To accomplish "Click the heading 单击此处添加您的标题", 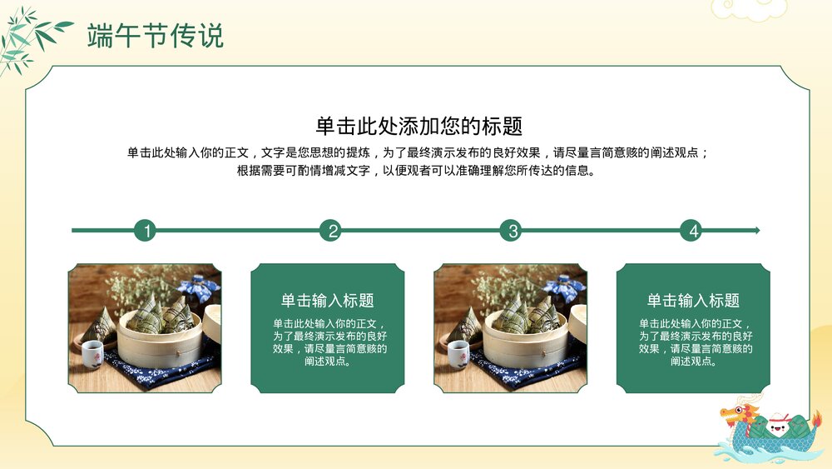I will pos(418,126).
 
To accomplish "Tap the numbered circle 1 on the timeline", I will pos(146,231).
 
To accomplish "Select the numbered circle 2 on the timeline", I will pos(331,231).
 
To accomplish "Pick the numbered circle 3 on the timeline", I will pos(512,231).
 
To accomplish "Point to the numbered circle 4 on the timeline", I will pos(691,231).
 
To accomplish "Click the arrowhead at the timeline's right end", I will pos(755,231).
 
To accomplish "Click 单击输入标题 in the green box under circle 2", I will pos(327,301).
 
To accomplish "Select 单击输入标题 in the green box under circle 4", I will pos(693,301).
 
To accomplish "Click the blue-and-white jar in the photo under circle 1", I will pos(203,288).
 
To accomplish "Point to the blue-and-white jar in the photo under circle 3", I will pos(569,288).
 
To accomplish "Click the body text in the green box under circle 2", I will pos(327,342).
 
